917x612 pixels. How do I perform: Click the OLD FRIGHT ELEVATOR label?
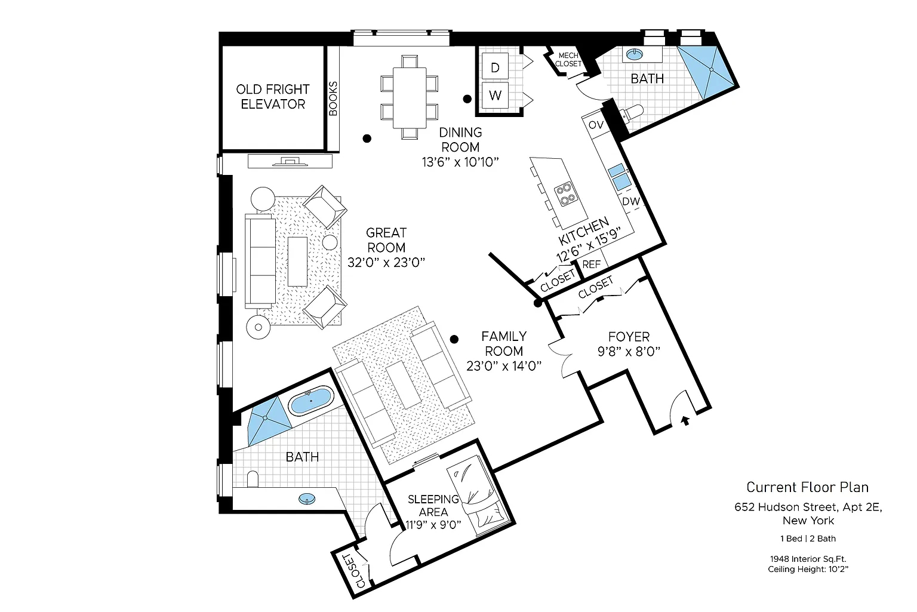coord(273,97)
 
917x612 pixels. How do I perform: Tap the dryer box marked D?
coord(495,67)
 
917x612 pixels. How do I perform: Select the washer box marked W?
coord(495,95)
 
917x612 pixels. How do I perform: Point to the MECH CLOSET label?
coord(568,60)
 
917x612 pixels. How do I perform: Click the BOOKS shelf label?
coord(333,98)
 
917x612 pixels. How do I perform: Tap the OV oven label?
coord(596,125)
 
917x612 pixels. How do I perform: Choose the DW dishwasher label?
coord(630,201)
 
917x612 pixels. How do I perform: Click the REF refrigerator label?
coord(591,264)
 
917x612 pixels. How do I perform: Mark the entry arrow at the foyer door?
coord(685,420)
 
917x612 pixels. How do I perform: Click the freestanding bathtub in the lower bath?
coord(311,401)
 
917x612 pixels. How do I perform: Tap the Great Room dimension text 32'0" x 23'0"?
coord(386,262)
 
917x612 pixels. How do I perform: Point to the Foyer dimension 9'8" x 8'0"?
coord(629,352)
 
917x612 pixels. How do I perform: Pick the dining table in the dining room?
coord(410,96)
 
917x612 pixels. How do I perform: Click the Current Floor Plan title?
coord(807,487)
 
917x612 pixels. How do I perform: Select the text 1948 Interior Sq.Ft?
coord(808,559)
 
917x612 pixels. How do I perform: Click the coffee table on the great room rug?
coord(297,262)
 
